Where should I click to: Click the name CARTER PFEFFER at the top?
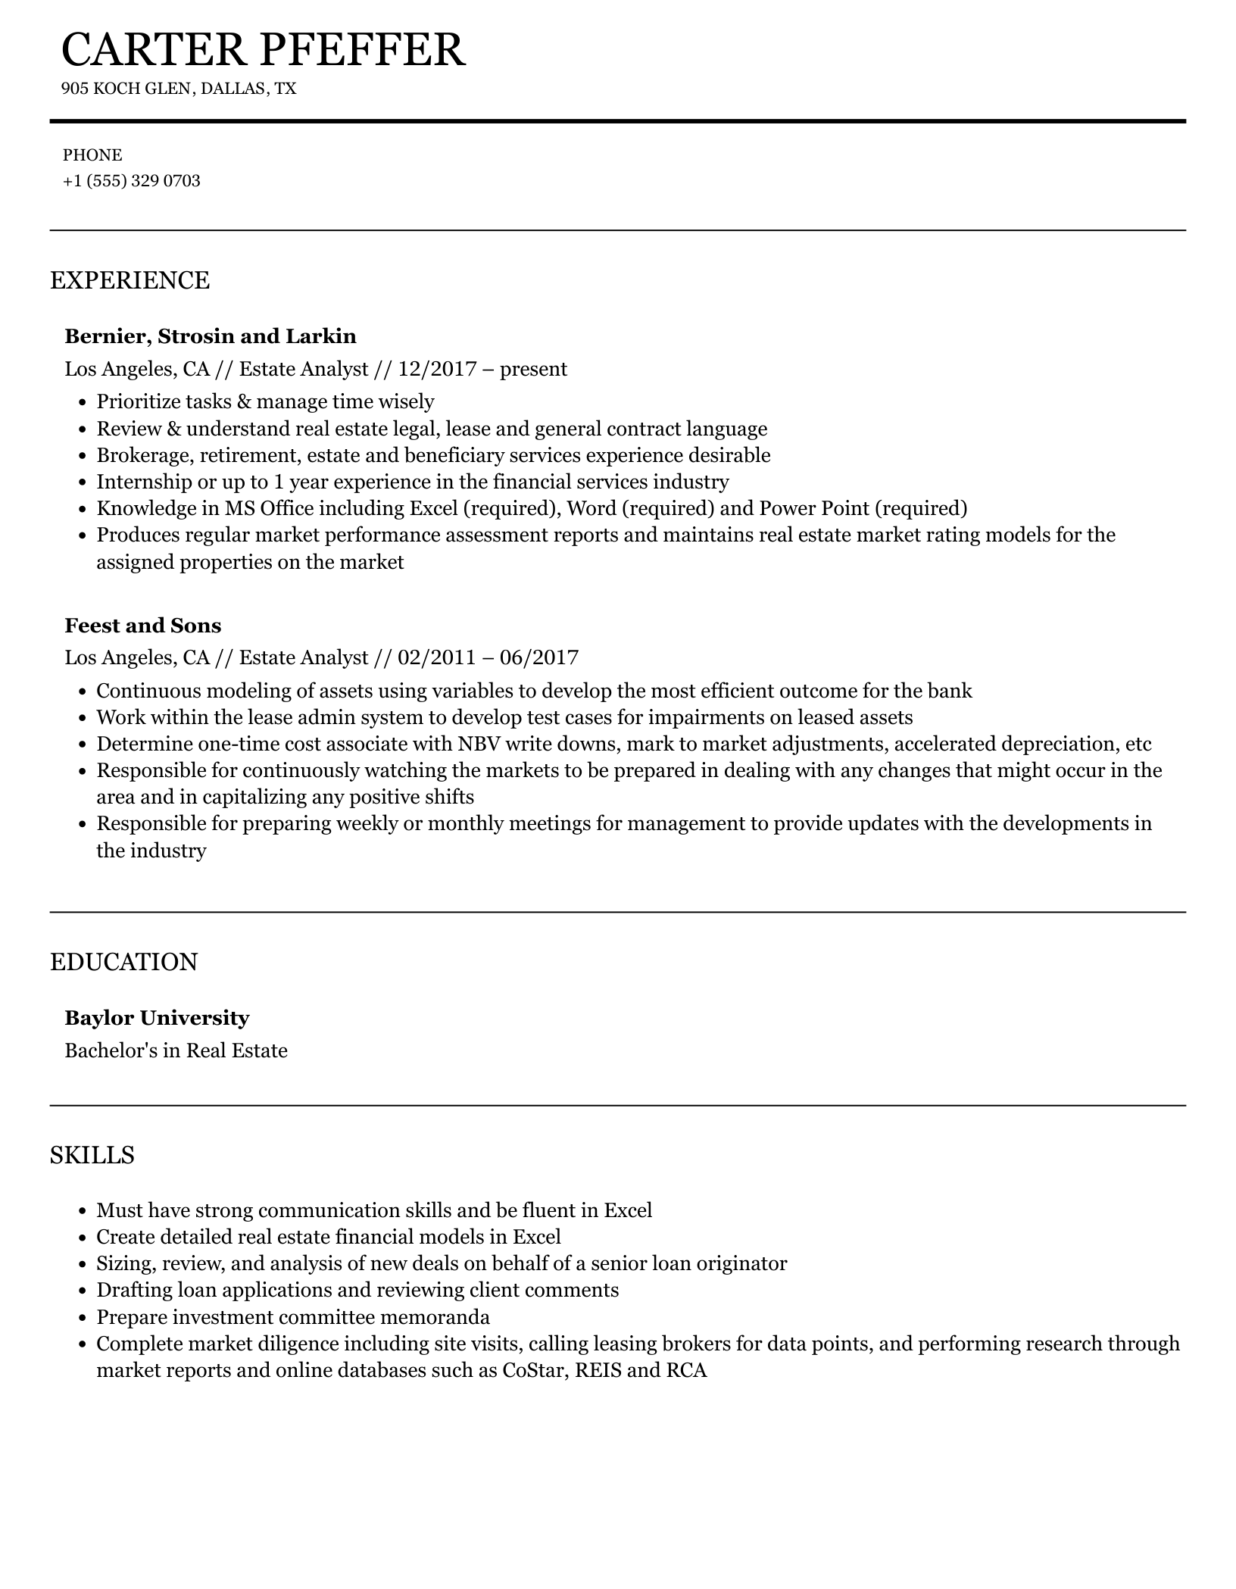click(x=263, y=50)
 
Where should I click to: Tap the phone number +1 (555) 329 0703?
click(x=132, y=181)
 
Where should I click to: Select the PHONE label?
click(x=92, y=155)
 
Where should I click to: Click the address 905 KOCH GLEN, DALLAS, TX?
click(x=179, y=89)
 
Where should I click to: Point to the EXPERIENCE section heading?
click(x=130, y=280)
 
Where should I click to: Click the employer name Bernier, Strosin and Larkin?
click(x=211, y=336)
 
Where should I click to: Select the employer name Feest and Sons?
click(x=143, y=626)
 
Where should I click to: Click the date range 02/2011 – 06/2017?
click(x=488, y=657)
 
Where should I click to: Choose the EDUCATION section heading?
click(x=123, y=962)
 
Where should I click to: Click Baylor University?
click(x=157, y=1018)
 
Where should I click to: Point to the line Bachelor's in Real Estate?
click(x=176, y=1050)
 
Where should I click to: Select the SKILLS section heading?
click(x=92, y=1155)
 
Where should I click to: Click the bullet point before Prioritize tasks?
click(x=83, y=403)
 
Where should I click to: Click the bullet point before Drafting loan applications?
click(x=83, y=1291)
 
